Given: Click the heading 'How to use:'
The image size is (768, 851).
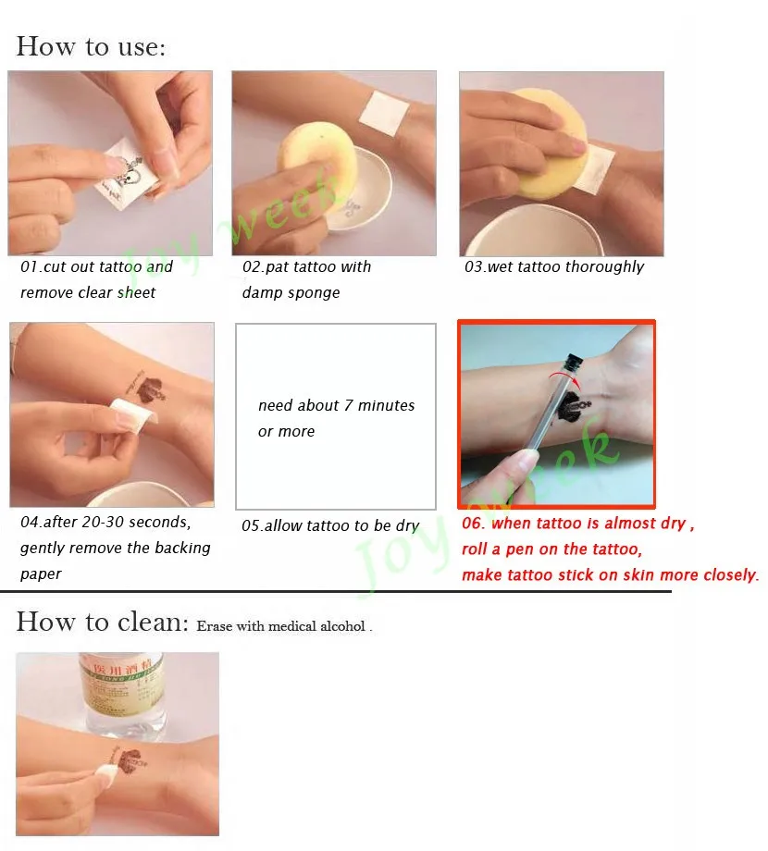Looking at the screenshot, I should click(x=91, y=46).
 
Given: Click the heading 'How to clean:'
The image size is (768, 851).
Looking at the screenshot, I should click(x=102, y=622).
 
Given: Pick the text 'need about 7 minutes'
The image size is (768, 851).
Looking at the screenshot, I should click(x=336, y=405).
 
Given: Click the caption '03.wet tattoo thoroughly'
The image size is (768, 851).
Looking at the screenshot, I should click(x=553, y=266).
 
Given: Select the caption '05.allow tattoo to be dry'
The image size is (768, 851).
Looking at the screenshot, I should click(x=330, y=525).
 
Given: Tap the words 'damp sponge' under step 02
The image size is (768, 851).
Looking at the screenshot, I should click(x=291, y=292).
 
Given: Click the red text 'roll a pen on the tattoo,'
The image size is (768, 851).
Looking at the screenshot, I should click(x=551, y=549).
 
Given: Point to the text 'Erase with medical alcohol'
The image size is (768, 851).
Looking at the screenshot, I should click(x=283, y=626).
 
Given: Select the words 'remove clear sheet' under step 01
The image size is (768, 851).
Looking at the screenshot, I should click(x=88, y=292).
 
